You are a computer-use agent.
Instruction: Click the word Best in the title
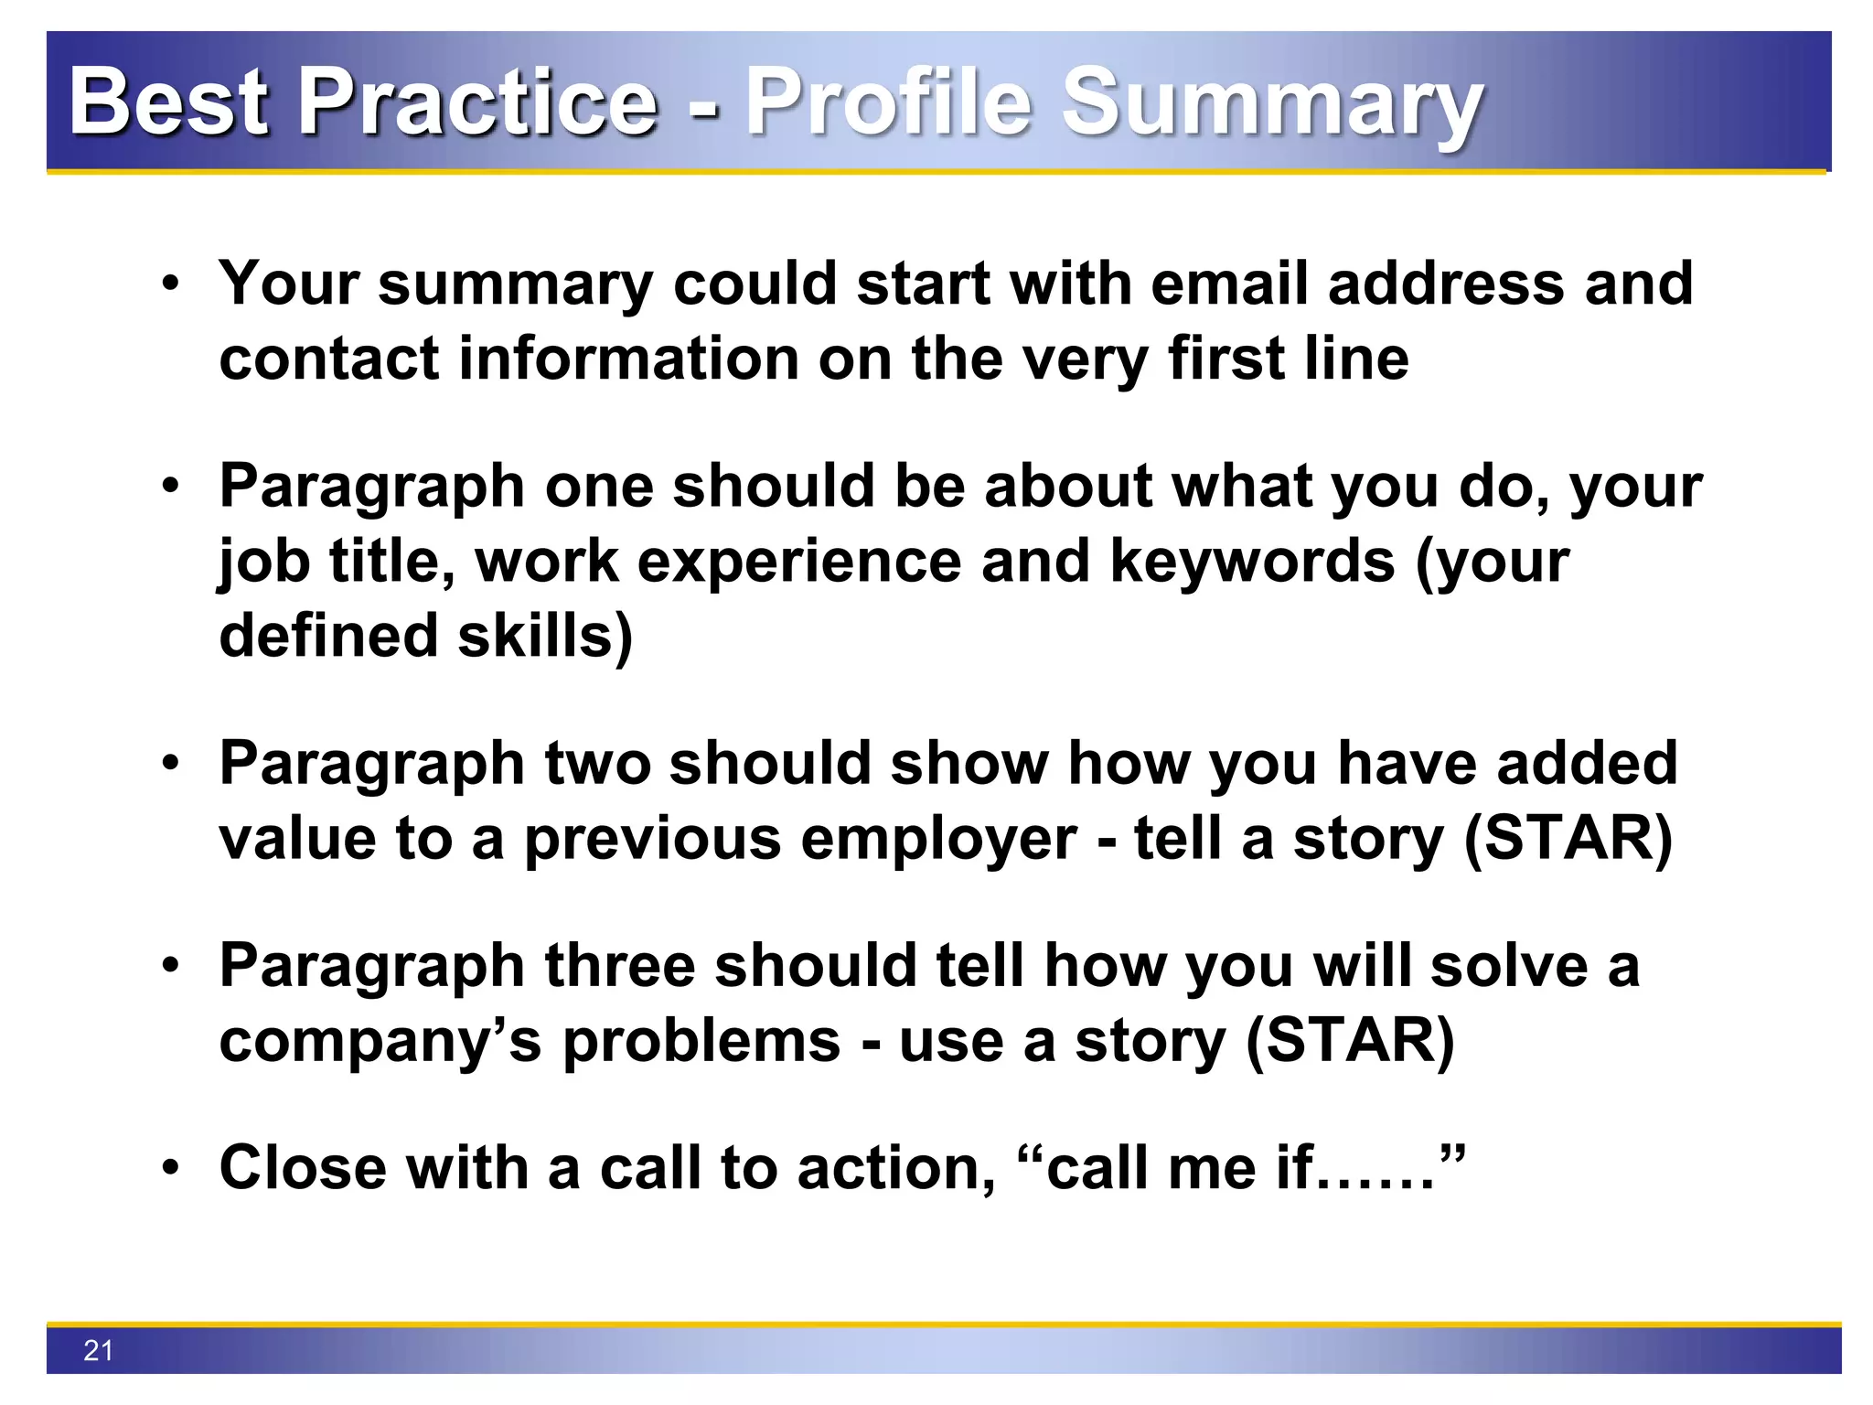(170, 102)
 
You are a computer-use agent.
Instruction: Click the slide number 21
(98, 1350)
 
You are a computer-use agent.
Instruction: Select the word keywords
(1252, 561)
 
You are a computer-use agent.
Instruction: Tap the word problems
(701, 1041)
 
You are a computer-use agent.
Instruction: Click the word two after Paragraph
(597, 763)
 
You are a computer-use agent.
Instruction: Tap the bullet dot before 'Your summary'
(170, 284)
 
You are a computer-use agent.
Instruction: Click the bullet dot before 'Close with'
(170, 1169)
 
